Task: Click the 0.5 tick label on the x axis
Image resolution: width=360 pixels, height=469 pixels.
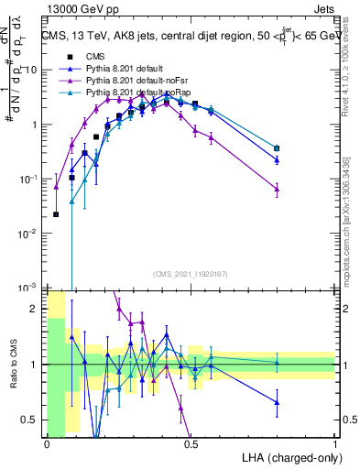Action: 191,444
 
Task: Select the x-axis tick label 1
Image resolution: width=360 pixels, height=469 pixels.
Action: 336,444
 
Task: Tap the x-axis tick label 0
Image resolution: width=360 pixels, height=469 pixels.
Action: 47,444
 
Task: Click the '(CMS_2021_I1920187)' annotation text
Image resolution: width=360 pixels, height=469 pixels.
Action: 191,274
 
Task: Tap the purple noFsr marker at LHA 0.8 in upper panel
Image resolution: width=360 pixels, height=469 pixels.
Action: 278,189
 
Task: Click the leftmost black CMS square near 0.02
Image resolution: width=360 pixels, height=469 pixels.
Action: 57,214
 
